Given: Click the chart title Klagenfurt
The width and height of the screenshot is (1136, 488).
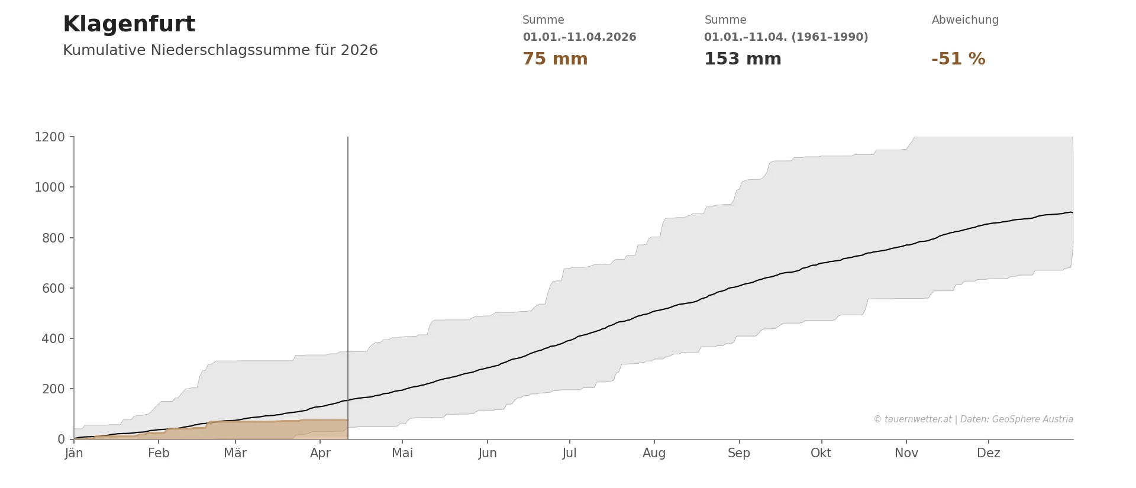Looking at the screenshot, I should tap(128, 25).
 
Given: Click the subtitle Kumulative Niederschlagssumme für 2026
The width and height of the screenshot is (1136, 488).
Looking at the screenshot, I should tap(220, 50).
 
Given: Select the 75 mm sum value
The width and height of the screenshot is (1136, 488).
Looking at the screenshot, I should tap(554, 59).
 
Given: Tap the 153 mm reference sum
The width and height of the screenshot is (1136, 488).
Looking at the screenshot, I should tap(742, 59).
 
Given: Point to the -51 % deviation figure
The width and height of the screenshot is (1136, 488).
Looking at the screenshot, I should tap(958, 59).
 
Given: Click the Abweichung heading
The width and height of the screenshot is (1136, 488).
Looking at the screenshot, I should tap(964, 20).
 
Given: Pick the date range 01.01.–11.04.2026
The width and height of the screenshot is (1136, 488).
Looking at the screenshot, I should tap(579, 37).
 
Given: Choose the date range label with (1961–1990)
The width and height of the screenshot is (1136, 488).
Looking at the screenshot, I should tap(786, 37).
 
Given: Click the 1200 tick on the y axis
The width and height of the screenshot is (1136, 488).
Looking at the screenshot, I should tap(50, 137).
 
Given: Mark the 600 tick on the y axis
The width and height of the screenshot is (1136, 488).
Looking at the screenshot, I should tap(53, 289).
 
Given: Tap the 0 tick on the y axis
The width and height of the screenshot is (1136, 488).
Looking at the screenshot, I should tap(61, 439).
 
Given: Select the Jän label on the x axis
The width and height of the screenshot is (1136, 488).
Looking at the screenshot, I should tap(74, 453).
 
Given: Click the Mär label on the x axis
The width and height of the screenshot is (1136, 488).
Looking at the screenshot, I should tap(235, 453).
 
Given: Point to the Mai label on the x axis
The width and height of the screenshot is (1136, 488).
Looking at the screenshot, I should tap(402, 453).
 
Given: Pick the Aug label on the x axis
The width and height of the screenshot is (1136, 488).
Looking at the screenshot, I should tap(654, 453).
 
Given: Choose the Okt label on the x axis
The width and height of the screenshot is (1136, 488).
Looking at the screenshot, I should tap(821, 453).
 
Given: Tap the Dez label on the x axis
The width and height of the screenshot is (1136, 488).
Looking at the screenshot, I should tap(988, 453).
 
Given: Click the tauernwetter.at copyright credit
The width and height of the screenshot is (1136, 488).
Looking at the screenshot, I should tap(973, 419).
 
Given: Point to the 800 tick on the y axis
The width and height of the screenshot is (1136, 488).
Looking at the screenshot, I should tap(53, 238).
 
